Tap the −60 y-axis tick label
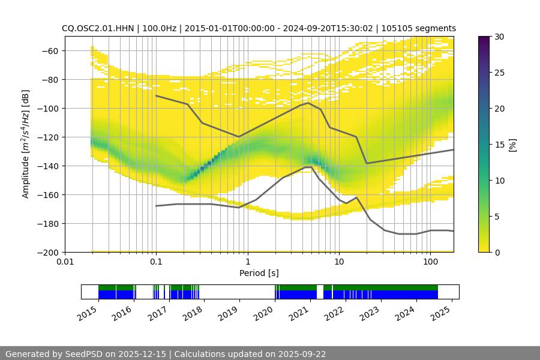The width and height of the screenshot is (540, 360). pos(50,51)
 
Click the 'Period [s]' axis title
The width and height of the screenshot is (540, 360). pos(259,274)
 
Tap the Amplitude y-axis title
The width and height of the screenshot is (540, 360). pos(26,144)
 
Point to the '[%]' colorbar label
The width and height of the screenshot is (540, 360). pos(512,145)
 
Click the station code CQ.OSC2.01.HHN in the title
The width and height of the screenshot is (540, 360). pos(95,28)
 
